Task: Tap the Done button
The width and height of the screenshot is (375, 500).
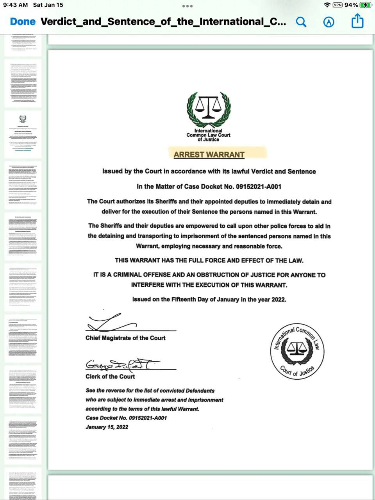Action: [x=23, y=21]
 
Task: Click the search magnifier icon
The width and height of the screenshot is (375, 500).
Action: [x=301, y=22]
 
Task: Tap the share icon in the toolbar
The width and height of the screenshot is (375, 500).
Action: [x=357, y=21]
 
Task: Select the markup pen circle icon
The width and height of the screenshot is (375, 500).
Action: [x=329, y=22]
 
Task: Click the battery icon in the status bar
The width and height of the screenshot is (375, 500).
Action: [x=366, y=5]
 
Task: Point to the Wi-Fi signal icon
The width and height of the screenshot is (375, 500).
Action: [x=327, y=5]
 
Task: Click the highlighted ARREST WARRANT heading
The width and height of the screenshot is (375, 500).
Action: [x=209, y=155]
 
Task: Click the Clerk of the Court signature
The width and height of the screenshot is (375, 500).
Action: [x=117, y=365]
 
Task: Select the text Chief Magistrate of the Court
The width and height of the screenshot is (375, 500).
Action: [x=125, y=338]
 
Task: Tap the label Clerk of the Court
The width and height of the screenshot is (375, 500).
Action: [x=110, y=376]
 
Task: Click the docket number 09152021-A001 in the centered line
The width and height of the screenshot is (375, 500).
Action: [x=258, y=186]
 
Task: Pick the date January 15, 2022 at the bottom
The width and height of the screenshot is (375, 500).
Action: [x=107, y=427]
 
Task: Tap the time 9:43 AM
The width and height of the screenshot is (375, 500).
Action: [x=16, y=5]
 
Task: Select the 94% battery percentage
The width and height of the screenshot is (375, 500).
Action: [x=351, y=5]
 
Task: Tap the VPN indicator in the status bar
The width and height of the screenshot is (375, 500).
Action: [x=337, y=5]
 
